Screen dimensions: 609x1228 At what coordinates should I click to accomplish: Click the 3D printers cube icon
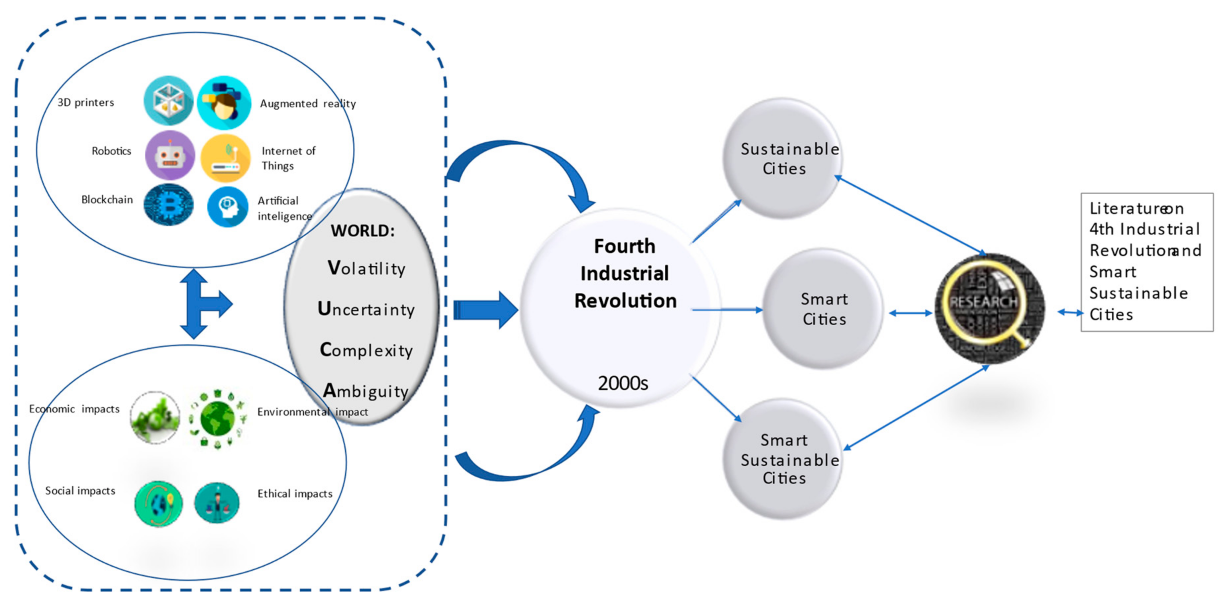pos(168,101)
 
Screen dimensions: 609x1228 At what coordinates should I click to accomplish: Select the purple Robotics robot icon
pos(170,155)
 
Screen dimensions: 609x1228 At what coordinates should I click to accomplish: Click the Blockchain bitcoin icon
pos(168,205)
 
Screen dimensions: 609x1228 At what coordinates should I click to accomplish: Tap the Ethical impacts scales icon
pos(217,503)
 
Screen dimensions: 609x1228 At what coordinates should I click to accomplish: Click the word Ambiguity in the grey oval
pos(366,391)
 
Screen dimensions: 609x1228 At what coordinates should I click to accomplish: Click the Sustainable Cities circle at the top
pos(782,158)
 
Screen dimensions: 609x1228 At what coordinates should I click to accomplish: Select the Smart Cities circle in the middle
pos(823,309)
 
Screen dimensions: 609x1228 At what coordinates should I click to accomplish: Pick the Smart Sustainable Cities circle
pos(782,458)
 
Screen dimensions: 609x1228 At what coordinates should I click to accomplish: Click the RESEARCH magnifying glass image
pos(989,308)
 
